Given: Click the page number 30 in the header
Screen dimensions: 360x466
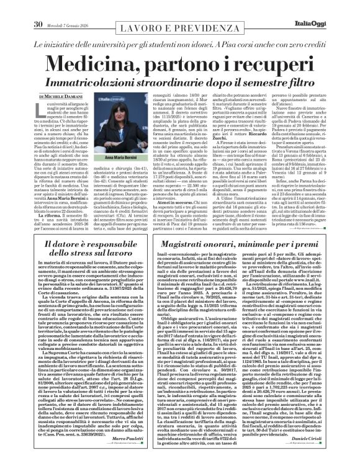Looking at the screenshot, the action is pyautogui.click(x=21, y=7).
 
